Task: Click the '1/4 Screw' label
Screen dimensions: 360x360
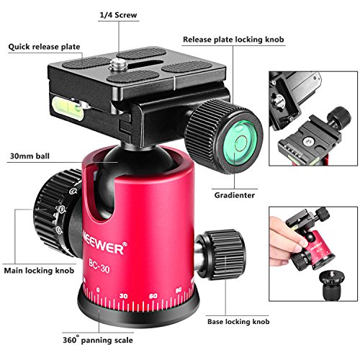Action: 118,15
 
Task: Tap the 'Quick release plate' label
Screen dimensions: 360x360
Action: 44,47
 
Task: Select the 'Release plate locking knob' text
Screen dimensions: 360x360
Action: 233,40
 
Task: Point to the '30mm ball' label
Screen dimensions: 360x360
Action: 30,156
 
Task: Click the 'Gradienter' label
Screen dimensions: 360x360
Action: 235,195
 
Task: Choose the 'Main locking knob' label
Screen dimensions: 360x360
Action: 39,271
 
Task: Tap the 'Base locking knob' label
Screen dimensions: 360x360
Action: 238,322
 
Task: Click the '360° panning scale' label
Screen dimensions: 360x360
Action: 98,340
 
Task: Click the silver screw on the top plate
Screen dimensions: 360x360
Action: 116,64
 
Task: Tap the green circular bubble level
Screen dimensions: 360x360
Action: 240,143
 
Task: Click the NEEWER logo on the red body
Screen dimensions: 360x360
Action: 104,243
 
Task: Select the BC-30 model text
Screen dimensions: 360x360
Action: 99,266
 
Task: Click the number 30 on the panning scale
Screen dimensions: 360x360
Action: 123,296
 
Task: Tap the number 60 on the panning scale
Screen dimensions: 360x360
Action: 153,296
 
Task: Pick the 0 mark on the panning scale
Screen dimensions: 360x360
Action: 98,290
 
